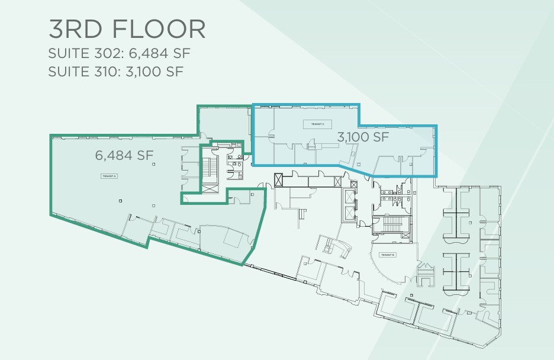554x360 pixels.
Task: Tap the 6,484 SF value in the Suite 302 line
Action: pyautogui.click(x=158, y=54)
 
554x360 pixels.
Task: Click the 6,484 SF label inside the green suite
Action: pyautogui.click(x=124, y=156)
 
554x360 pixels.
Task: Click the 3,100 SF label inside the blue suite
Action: pyautogui.click(x=362, y=137)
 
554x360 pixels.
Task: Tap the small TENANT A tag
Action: pyautogui.click(x=109, y=176)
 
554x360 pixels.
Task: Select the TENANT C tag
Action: pyautogui.click(x=314, y=124)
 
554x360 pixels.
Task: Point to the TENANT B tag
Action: pyautogui.click(x=388, y=255)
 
